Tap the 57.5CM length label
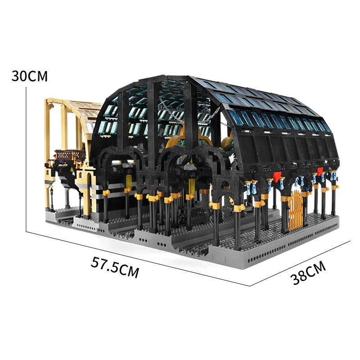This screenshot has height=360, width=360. pyautogui.click(x=115, y=267)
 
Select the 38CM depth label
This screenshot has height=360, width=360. pyautogui.click(x=308, y=273)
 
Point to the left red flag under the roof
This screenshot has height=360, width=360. pyautogui.click(x=277, y=176)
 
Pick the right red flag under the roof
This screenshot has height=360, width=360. pyautogui.click(x=320, y=171)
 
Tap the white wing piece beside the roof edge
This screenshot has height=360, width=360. pyautogui.click(x=232, y=158)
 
